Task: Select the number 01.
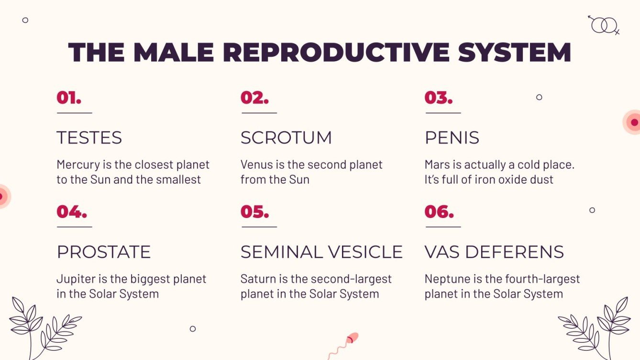point(69,98)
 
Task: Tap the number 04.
point(72,211)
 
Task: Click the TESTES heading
point(89,138)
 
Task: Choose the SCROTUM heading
point(286,138)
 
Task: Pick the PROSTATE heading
point(104,252)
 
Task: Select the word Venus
point(255,165)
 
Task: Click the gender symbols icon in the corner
point(604,24)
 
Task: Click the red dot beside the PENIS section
point(634,122)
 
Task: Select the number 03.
point(438,98)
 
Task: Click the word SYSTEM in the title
point(515,53)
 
